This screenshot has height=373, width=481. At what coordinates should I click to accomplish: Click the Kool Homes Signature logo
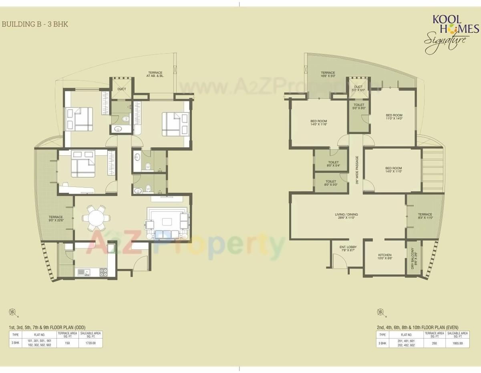click(451, 34)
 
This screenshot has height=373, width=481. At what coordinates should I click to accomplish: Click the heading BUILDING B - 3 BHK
click(35, 24)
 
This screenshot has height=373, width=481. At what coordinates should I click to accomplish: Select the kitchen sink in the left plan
click(84, 272)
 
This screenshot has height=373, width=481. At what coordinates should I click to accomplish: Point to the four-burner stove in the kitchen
click(103, 272)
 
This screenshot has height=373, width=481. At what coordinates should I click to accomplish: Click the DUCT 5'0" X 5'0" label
click(358, 88)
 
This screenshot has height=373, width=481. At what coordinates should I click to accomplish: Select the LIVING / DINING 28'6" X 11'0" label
click(346, 217)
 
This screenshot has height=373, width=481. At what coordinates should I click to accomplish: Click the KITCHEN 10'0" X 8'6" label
click(384, 257)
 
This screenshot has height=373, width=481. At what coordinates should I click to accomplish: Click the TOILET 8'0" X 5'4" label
click(331, 164)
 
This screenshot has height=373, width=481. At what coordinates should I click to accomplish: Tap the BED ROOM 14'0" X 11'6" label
click(318, 123)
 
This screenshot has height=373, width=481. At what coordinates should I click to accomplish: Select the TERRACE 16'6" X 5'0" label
click(327, 74)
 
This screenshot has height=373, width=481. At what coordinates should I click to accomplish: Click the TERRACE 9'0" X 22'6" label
click(56, 219)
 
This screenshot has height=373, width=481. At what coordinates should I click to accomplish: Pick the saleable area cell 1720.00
click(91, 343)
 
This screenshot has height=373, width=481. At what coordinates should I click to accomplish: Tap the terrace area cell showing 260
click(434, 343)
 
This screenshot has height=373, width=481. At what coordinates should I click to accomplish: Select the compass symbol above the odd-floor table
click(13, 312)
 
